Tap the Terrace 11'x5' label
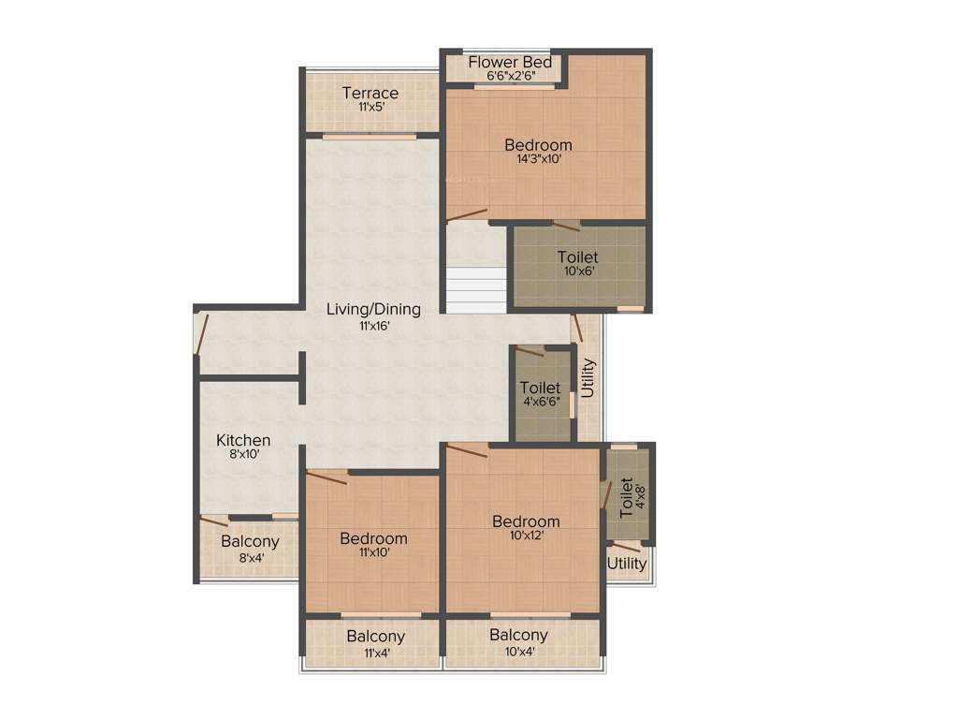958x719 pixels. pyautogui.click(x=370, y=94)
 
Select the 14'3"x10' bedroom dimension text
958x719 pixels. pyautogui.click(x=538, y=159)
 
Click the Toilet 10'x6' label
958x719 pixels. pyautogui.click(x=577, y=257)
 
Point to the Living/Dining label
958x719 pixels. pyautogui.click(x=373, y=309)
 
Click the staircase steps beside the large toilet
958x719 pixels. pyautogui.click(x=476, y=291)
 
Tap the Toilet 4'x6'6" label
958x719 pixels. pyautogui.click(x=540, y=388)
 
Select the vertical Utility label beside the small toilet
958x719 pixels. pyautogui.click(x=588, y=379)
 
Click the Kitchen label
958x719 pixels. pyautogui.click(x=243, y=440)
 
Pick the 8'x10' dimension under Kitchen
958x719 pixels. pyautogui.click(x=243, y=454)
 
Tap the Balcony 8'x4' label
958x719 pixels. pyautogui.click(x=250, y=542)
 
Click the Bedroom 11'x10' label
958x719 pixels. pyautogui.click(x=373, y=538)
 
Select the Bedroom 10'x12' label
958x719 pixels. pyautogui.click(x=527, y=521)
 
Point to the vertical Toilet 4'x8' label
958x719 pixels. pyautogui.click(x=626, y=496)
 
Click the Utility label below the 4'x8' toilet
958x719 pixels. pyautogui.click(x=627, y=564)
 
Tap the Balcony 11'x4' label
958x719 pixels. pyautogui.click(x=375, y=637)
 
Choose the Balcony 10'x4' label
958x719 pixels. pyautogui.click(x=518, y=635)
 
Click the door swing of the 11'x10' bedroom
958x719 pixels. pyautogui.click(x=327, y=477)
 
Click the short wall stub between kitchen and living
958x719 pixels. pyautogui.click(x=302, y=378)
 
